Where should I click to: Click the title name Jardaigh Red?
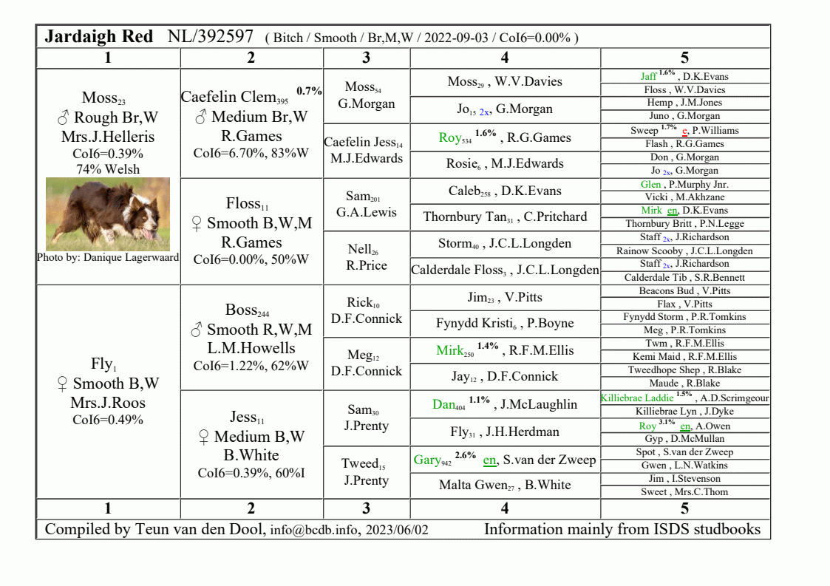99,36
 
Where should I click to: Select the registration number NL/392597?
211,36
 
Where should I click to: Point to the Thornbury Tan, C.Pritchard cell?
505,217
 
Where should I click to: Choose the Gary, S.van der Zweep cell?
505,460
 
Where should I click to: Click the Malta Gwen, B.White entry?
505,486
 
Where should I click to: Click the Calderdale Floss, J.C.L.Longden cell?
505,270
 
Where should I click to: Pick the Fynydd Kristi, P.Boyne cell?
505,323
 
